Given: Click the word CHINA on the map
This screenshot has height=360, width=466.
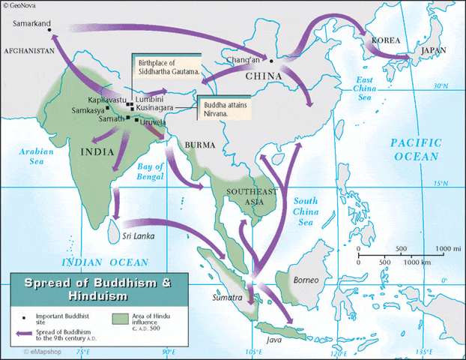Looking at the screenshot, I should tap(263, 76).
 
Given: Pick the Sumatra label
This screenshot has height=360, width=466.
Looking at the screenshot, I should tap(226, 298).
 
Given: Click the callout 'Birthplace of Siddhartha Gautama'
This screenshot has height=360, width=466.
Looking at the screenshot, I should tap(168, 67).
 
